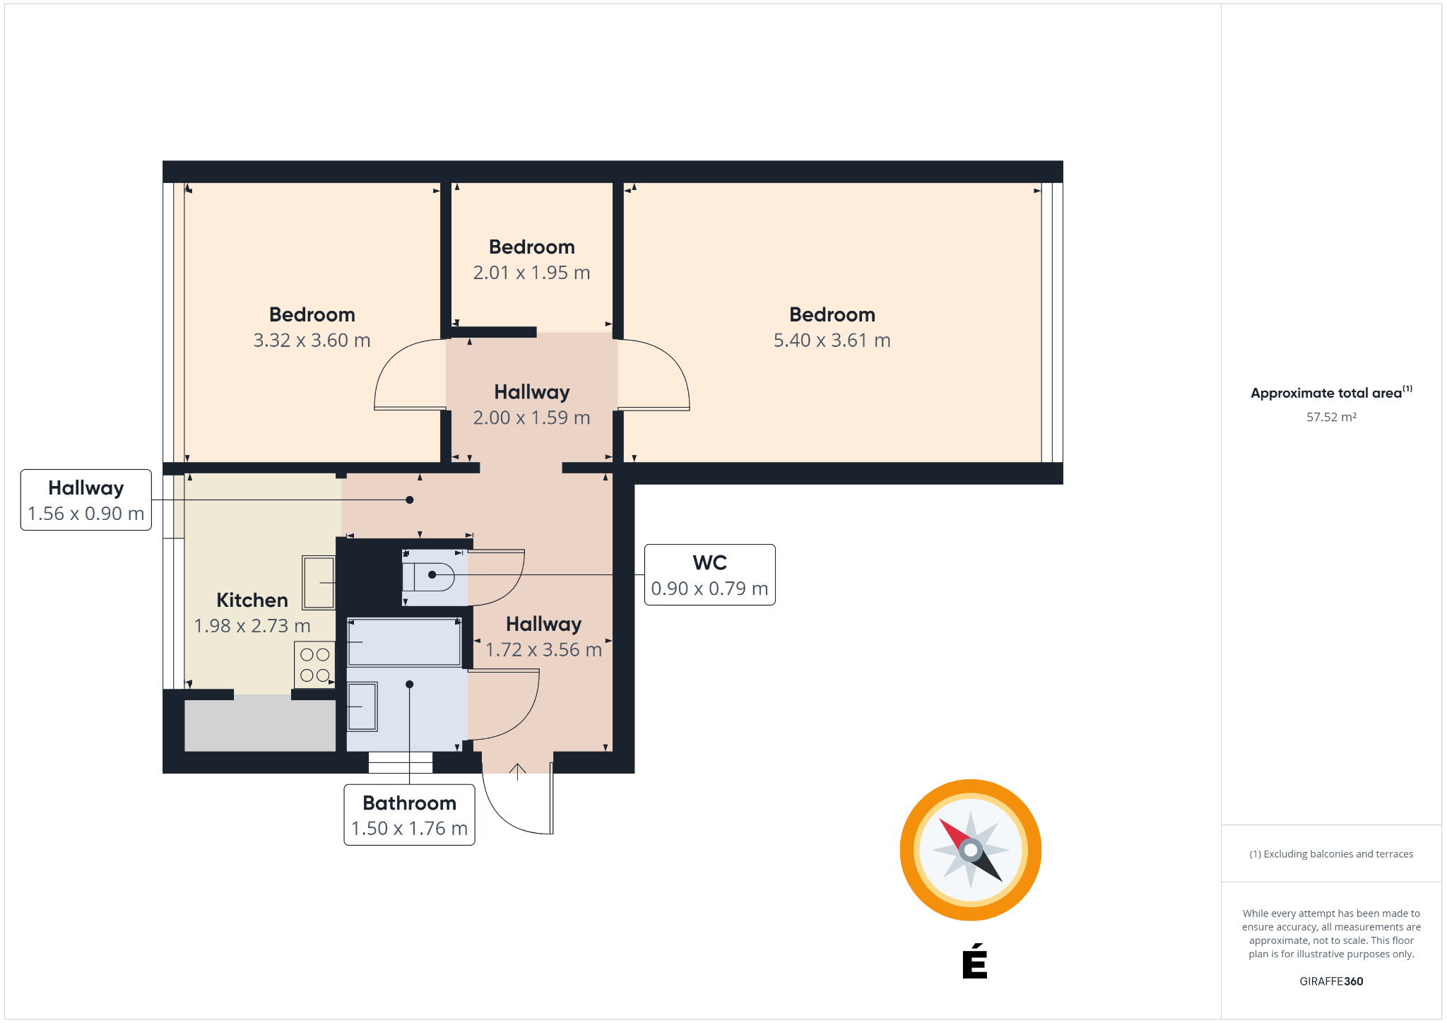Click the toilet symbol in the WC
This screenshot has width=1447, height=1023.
[x=428, y=576]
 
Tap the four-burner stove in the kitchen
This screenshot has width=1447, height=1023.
[x=314, y=665]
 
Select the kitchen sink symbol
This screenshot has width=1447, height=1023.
[x=318, y=582]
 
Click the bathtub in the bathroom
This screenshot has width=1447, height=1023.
[x=404, y=641]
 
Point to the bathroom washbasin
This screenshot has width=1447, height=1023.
[x=362, y=706]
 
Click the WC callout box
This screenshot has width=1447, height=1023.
[x=709, y=574]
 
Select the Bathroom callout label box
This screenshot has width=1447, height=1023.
[x=409, y=815]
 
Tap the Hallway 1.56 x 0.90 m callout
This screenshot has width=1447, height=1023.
[x=85, y=499]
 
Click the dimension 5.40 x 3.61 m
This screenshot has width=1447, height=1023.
[x=832, y=341]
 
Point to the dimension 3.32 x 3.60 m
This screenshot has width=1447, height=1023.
[x=312, y=341]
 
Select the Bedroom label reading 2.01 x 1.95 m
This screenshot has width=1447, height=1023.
[x=531, y=259]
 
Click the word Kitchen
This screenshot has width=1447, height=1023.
[x=252, y=600]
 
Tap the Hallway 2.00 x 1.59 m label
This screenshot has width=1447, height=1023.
[x=531, y=404]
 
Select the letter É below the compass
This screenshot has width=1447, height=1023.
[x=974, y=961]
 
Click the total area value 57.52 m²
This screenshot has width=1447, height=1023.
[x=1331, y=417]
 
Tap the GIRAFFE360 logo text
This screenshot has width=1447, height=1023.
[x=1331, y=981]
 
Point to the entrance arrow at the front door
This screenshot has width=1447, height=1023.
[x=517, y=771]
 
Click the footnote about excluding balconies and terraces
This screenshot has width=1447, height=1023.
[x=1331, y=854]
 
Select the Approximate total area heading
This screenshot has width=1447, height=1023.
[x=1331, y=392]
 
